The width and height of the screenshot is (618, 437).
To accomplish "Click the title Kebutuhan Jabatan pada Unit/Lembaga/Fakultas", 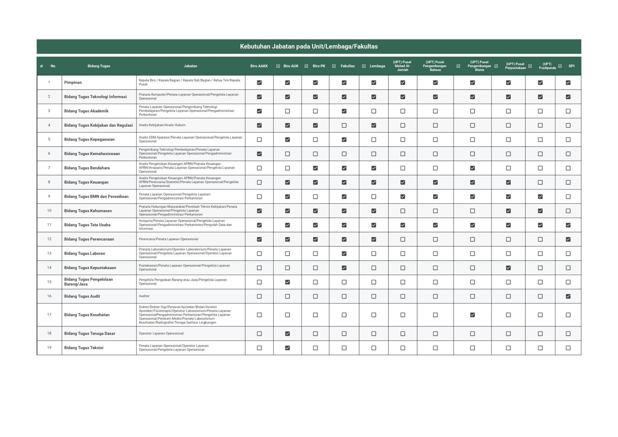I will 309,46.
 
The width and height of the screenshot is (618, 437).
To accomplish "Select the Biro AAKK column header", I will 259,66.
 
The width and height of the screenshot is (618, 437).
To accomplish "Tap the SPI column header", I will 571,66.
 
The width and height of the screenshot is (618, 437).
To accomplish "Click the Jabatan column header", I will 190,66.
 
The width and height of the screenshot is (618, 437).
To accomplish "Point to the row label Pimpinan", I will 73,82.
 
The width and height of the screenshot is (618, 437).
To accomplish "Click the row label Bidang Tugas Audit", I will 82,296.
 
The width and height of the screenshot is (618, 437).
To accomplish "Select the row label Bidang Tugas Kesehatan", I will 87,315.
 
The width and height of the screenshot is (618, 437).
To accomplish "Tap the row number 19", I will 49,348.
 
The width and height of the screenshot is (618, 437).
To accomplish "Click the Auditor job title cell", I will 144,296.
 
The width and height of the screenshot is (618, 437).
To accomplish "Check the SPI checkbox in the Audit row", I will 568,296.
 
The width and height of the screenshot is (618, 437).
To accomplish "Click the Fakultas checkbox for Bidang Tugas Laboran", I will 344,254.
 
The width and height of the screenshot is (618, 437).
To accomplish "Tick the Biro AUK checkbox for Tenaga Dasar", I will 287,333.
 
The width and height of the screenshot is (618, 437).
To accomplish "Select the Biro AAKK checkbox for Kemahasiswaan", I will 259,154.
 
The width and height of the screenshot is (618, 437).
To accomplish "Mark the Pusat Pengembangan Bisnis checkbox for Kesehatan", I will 472,315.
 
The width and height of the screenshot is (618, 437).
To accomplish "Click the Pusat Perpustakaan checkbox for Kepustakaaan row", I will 508,268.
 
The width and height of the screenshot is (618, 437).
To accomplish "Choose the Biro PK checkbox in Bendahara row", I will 315,168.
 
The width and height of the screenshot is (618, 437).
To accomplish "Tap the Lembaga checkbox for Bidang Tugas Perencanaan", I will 374,239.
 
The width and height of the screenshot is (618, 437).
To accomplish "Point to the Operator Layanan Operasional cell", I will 161,333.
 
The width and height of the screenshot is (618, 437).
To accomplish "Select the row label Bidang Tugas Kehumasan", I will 88,211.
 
